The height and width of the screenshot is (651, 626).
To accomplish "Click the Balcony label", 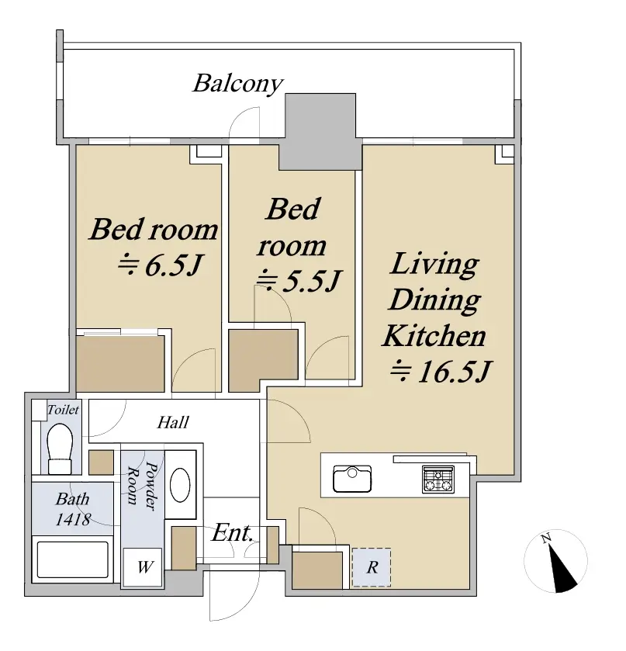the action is pyautogui.click(x=238, y=84).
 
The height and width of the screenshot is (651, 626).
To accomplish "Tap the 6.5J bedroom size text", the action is pyautogui.click(x=161, y=265).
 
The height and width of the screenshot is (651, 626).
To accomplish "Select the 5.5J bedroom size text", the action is pyautogui.click(x=298, y=280).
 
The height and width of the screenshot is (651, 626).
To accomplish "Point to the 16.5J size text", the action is pyautogui.click(x=441, y=371).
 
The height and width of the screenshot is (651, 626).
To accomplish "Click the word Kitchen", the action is pyautogui.click(x=434, y=335).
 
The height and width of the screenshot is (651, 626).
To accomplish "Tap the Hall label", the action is pyautogui.click(x=173, y=423).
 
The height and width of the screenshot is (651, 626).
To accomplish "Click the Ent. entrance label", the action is pyautogui.click(x=232, y=533).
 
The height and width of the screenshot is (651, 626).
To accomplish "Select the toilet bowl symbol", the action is pyautogui.click(x=61, y=448).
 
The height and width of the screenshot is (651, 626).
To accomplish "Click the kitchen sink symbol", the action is pyautogui.click(x=352, y=479).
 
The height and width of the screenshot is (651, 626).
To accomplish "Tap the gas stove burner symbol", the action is pyautogui.click(x=438, y=480).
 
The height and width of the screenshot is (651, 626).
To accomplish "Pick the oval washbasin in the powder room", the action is pyautogui.click(x=181, y=485).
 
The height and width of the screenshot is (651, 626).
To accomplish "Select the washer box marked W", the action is pyautogui.click(x=144, y=567).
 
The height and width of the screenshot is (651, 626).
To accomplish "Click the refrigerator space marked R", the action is pyautogui.click(x=372, y=567).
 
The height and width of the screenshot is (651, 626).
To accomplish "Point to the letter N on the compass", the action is pyautogui.click(x=546, y=538).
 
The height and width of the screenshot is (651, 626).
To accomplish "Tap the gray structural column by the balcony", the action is pyautogui.click(x=320, y=131).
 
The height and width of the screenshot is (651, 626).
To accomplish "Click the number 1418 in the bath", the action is pyautogui.click(x=73, y=519).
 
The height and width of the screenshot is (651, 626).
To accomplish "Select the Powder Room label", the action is pyautogui.click(x=141, y=486).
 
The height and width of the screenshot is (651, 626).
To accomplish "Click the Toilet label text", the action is pyautogui.click(x=63, y=410).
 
